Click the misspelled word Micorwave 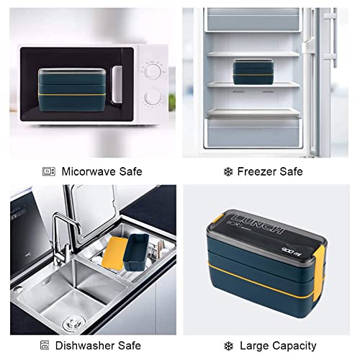click(x=89, y=171)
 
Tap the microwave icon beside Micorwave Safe click(x=49, y=171)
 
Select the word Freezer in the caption click(x=256, y=171)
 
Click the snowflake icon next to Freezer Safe click(x=228, y=172)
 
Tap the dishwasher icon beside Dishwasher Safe click(x=45, y=346)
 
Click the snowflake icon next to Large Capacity click(x=228, y=346)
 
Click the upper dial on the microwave click(x=153, y=71)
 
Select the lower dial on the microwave click(x=153, y=96)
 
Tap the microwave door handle click(x=117, y=84)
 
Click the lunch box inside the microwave click(x=72, y=90)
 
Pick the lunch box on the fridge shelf click(x=253, y=72)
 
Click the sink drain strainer click(x=74, y=323)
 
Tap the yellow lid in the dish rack click(x=114, y=253)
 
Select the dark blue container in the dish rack click(x=136, y=252)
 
